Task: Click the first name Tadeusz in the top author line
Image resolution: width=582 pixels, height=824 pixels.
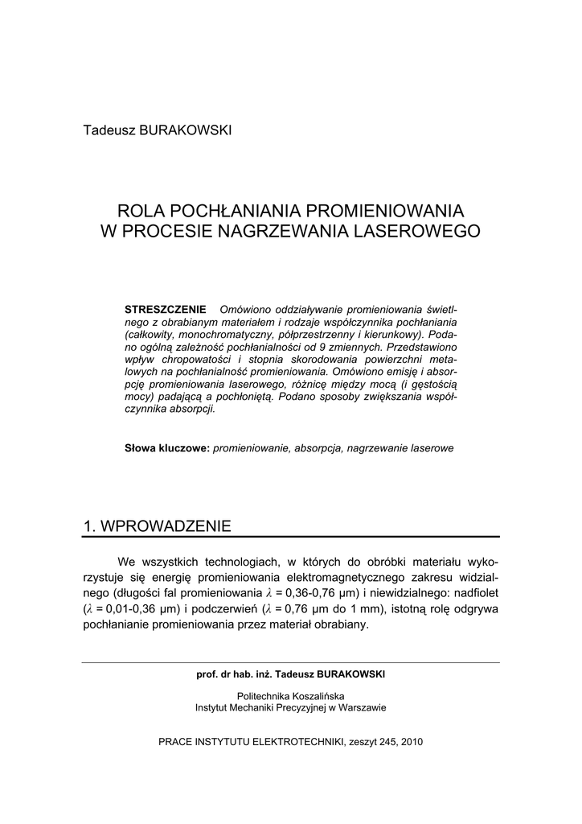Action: pyautogui.click(x=109, y=130)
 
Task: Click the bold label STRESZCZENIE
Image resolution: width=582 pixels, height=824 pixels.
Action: pyautogui.click(x=166, y=310)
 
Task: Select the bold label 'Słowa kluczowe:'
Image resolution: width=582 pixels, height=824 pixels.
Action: pyautogui.click(x=166, y=447)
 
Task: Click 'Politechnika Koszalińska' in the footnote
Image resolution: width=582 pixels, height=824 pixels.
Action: pyautogui.click(x=291, y=695)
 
